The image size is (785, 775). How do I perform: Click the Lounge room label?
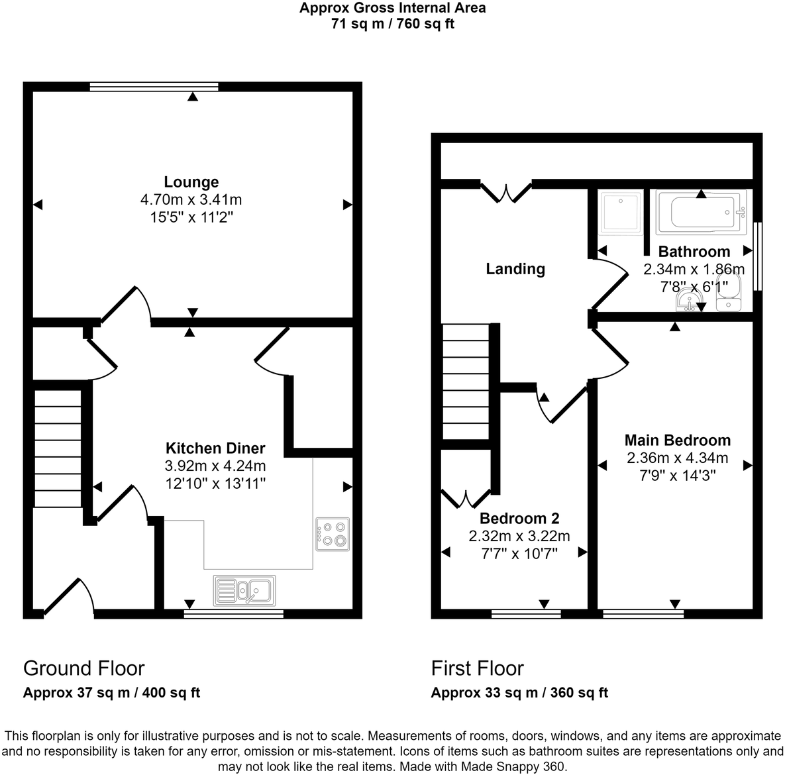point(191,182)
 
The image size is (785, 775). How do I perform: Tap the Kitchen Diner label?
point(215,448)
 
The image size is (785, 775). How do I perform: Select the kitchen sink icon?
point(244,590)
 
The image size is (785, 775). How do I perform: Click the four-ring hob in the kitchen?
point(333,534)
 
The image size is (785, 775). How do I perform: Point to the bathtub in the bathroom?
point(702,212)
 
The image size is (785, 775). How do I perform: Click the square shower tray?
point(621,212)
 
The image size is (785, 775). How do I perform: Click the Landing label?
point(515,269)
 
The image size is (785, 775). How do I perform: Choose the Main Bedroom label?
point(678,440)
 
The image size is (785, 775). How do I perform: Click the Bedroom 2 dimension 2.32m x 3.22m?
point(519,536)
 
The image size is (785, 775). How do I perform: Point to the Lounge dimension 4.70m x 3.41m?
point(191,199)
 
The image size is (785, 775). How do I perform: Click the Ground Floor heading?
point(84,668)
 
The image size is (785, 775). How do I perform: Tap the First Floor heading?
point(478,668)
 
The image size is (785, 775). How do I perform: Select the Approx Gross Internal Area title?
point(392,9)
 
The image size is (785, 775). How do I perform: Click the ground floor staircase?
point(58,448)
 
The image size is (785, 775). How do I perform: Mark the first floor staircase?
point(466,382)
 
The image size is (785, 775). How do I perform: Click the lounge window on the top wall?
point(154,86)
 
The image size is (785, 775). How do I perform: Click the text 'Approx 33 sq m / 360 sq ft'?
point(519,693)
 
